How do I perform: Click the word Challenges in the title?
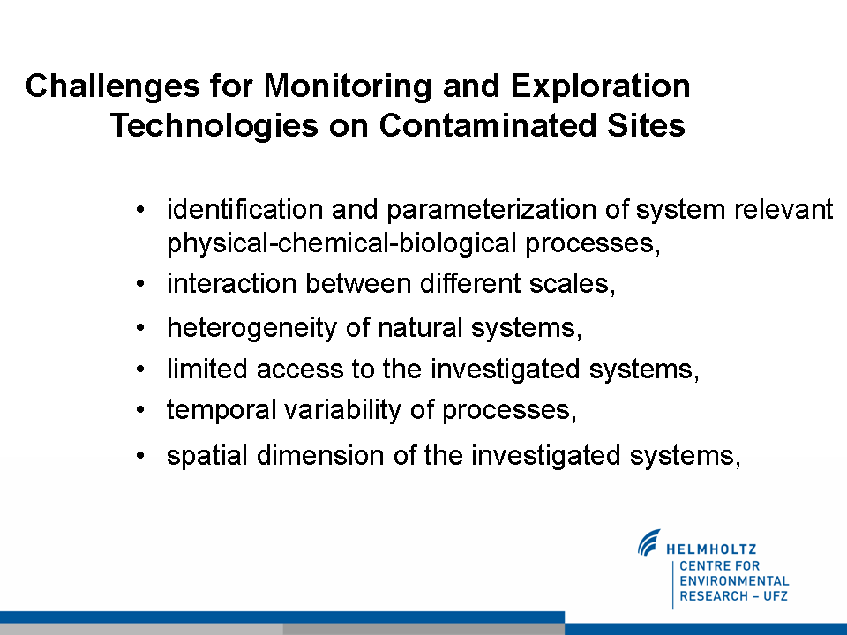113,86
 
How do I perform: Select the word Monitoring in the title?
348,86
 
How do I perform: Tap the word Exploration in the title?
600,86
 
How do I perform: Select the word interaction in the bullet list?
232,283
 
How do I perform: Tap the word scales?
573,284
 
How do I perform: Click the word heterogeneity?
251,328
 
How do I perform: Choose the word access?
300,370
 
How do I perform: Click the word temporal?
221,410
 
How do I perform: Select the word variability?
343,410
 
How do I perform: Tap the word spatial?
207,456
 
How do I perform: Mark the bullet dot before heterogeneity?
140,328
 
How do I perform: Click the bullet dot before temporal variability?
140,410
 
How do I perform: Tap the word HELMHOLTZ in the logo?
711,549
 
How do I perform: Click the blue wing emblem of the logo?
648,542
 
